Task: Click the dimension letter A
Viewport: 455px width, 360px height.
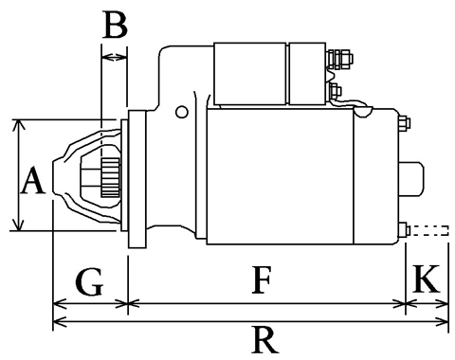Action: (x=32, y=181)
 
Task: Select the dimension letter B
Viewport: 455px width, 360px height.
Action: (x=115, y=26)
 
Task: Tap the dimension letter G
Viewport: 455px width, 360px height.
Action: (x=90, y=281)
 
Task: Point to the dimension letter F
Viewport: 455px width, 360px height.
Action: (x=262, y=279)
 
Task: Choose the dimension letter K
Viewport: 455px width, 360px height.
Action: (x=427, y=279)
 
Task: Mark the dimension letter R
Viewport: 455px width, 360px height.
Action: (x=264, y=340)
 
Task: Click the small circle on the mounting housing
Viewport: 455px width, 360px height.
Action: (x=182, y=112)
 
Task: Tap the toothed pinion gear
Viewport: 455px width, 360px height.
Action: (x=111, y=178)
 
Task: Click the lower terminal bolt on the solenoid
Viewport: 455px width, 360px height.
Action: (x=335, y=91)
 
